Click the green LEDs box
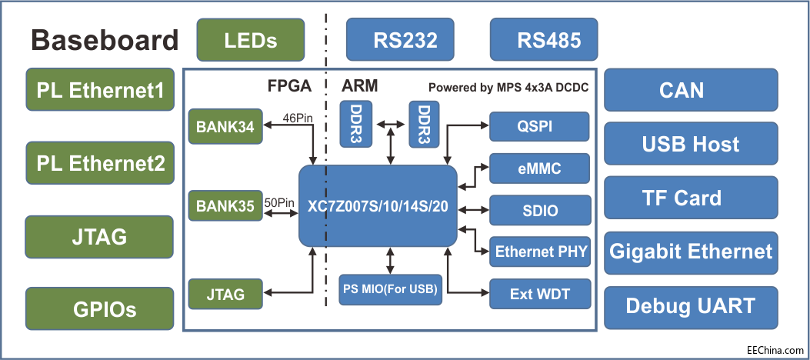tap(251, 39)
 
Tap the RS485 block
tap(544, 39)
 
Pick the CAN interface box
tap(682, 90)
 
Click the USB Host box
tap(690, 144)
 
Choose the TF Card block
tap(682, 198)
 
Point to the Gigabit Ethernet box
tap(690, 252)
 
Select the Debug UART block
tap(690, 305)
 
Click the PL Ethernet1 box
tap(101, 90)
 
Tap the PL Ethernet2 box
tap(101, 163)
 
